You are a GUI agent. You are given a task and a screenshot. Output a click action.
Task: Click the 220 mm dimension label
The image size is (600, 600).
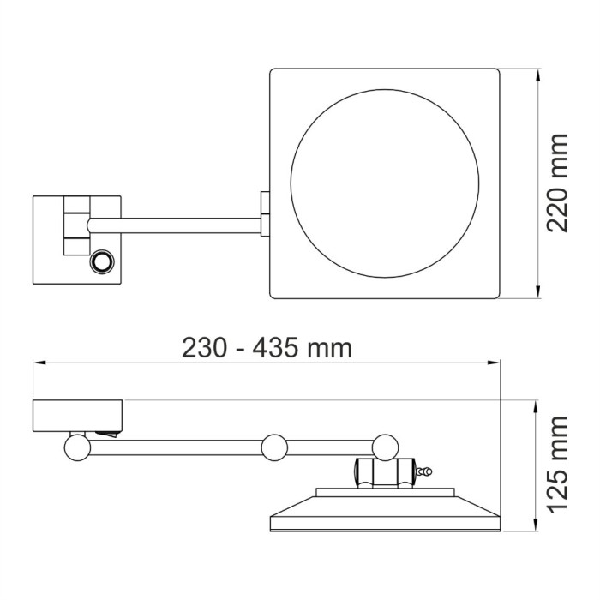click(x=558, y=183)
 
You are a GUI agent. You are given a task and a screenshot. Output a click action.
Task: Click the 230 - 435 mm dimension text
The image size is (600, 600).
click(x=267, y=349)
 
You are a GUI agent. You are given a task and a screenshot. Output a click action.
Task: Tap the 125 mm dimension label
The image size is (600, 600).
click(x=558, y=463)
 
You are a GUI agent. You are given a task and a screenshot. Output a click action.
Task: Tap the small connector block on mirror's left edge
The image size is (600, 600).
click(x=266, y=213)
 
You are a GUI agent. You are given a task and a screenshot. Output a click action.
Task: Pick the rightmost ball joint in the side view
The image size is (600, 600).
click(x=385, y=445)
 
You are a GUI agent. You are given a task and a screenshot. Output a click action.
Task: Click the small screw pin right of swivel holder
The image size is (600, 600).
click(x=423, y=471)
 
